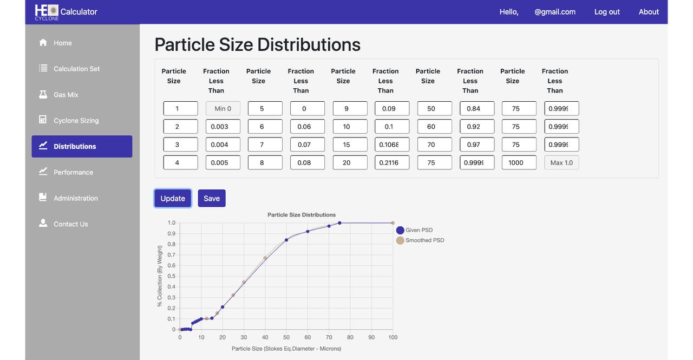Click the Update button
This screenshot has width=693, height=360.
[x=173, y=198]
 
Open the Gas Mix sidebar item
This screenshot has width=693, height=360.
[x=66, y=95]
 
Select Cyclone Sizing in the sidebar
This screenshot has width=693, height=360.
[x=76, y=121]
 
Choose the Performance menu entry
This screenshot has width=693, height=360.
[x=73, y=172]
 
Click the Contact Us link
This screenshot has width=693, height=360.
[x=70, y=224]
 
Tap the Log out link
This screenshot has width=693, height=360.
[x=607, y=12]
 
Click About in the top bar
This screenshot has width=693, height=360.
[x=649, y=12]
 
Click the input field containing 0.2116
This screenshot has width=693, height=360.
[x=392, y=162]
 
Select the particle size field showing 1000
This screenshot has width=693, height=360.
[x=519, y=162]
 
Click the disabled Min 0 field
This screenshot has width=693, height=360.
[x=223, y=108]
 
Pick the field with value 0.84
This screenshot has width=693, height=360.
[x=476, y=108]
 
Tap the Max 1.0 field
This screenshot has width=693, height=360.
[x=561, y=162]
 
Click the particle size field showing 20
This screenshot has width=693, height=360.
[x=350, y=162]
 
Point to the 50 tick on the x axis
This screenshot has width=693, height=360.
[x=286, y=337]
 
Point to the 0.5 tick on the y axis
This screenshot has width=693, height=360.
[x=171, y=276]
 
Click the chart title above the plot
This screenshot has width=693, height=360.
[x=302, y=215]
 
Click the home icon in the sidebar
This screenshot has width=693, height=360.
[x=43, y=42]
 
